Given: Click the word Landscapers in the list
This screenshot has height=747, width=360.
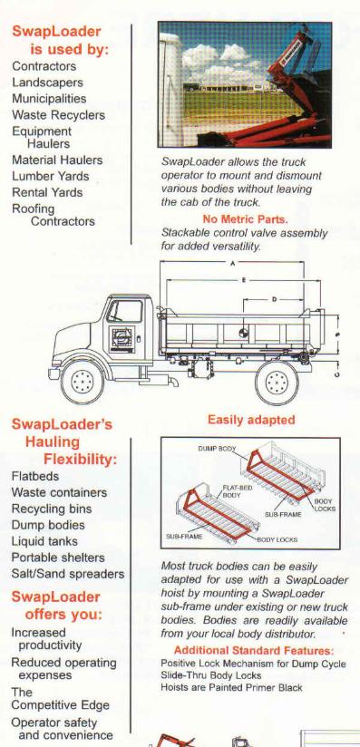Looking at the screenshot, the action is [47, 82].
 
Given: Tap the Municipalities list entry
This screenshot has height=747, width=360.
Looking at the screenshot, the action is [49, 99].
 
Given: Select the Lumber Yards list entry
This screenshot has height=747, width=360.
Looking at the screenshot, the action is [51, 176].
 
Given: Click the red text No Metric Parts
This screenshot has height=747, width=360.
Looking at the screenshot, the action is [245, 219].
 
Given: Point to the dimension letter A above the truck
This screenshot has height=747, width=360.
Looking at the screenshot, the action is [233, 264].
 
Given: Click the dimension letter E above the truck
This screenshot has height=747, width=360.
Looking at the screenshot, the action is [244, 279].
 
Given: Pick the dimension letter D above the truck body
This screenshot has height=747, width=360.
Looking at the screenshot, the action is [274, 299].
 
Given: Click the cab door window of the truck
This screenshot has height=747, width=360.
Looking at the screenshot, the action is [124, 311].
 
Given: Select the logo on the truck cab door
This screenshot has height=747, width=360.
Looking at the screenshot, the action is [122, 339].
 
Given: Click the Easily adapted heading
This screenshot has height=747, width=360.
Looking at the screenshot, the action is [251, 420].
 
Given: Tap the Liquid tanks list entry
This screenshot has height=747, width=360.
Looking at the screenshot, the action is [44, 542].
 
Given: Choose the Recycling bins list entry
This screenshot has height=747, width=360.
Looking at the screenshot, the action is [52, 509].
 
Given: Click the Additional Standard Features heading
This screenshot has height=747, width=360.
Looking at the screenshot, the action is [254, 650].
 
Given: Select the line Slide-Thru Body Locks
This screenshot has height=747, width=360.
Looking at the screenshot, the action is [210, 675].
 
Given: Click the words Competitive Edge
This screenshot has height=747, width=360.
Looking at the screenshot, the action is [60, 705].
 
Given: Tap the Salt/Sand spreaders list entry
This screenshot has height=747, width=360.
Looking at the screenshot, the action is [68, 574].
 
